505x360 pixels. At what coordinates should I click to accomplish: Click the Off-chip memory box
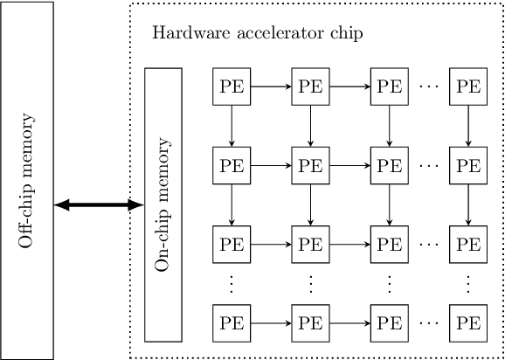27,180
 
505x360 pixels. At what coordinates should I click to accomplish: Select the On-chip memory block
163,204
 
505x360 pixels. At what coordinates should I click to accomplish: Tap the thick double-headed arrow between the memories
98,205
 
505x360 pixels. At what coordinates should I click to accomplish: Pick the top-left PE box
232,87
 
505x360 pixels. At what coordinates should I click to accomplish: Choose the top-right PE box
467,87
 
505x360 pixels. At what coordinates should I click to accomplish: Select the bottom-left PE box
232,322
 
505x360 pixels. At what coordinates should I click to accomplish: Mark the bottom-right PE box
467,322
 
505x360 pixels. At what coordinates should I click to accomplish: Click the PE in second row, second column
310,163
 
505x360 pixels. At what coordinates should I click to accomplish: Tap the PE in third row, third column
389,242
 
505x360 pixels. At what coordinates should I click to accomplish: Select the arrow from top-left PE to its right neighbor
271,87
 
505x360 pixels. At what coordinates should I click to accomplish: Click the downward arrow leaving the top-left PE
232,126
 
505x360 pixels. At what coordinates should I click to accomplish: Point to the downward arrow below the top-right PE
467,126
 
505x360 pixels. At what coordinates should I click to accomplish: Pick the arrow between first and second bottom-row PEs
271,322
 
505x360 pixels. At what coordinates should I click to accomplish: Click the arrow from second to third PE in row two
349,163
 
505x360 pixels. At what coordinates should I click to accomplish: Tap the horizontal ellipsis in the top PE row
428,87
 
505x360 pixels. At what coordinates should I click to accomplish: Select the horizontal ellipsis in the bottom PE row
428,322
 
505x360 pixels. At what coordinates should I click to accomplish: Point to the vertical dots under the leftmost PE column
232,282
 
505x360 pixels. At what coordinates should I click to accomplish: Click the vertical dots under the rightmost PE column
467,282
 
